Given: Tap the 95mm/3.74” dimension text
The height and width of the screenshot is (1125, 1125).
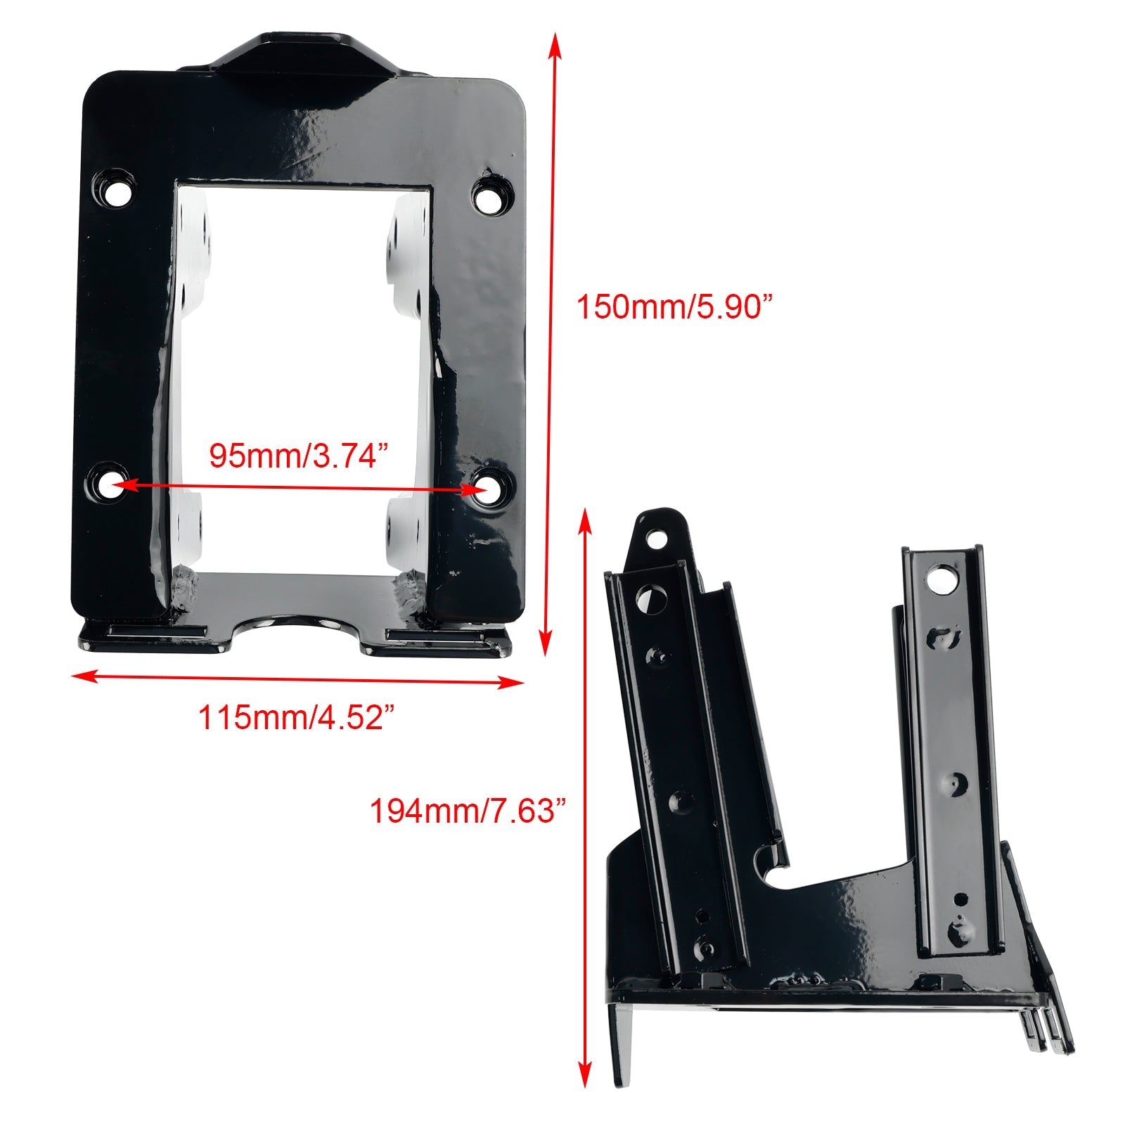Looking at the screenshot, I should point(299,456).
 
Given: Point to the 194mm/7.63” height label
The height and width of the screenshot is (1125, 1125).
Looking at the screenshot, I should point(468,811).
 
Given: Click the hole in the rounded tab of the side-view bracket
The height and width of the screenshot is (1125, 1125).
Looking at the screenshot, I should point(657,539).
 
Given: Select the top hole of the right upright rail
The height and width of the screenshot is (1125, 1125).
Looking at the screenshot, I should point(939,581).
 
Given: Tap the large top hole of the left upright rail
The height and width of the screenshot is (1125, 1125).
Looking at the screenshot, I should point(646,599).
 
